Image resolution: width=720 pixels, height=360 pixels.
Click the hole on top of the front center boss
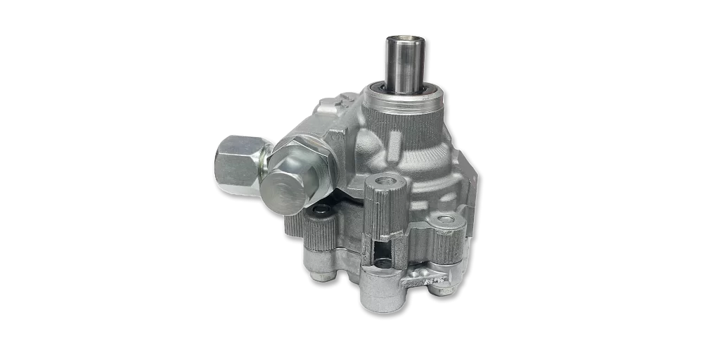[x=383, y=182]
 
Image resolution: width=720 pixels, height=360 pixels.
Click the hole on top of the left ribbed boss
[x=321, y=210]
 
